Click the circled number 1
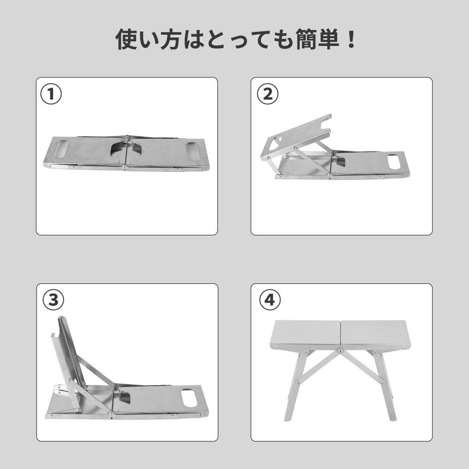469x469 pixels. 51,94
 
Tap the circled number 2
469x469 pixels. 268,94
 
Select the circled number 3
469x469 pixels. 53,300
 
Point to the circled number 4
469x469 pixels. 270,300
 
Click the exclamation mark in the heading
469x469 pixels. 350,39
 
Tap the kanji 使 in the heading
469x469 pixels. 126,39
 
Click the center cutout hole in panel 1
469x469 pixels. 126,150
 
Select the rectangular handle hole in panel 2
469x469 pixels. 394,161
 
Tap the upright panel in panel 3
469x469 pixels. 69,353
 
